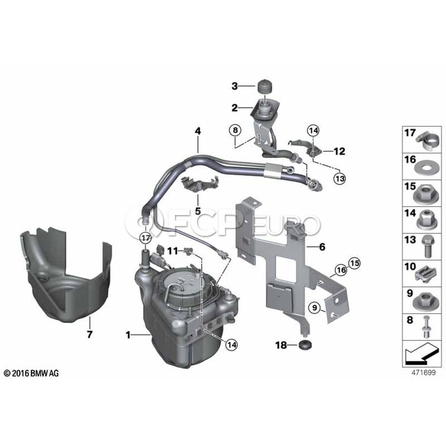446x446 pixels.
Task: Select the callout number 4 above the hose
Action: [x=198, y=131]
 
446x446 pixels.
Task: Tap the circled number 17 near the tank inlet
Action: [x=145, y=238]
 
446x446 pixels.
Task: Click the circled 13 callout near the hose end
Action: [x=340, y=178]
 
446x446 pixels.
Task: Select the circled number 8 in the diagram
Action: [x=235, y=130]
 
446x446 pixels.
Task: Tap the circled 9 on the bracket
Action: [x=314, y=307]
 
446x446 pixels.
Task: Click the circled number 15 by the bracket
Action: [x=354, y=263]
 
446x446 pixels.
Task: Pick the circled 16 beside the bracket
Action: [x=341, y=270]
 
